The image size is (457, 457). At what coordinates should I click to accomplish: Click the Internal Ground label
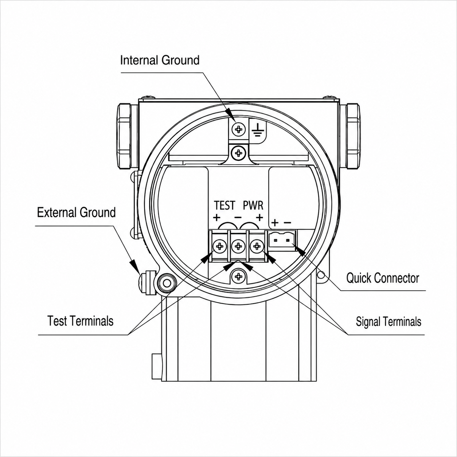[160, 60]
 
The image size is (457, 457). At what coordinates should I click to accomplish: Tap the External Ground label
[77, 212]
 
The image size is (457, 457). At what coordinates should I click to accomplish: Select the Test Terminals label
[81, 321]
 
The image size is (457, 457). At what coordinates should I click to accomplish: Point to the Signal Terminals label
[388, 321]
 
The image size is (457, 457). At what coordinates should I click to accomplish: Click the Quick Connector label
[383, 278]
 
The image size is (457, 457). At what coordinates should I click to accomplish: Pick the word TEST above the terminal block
[224, 206]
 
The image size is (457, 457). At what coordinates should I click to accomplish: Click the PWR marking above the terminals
[253, 206]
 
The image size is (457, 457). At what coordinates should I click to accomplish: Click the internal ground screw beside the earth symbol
[239, 129]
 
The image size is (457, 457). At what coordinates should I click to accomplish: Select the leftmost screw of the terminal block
[220, 246]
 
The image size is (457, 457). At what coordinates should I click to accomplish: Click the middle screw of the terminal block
[238, 246]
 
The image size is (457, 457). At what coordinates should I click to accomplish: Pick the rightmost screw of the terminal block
[257, 246]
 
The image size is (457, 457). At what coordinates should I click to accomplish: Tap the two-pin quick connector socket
[282, 241]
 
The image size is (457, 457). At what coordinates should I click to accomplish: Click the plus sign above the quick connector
[275, 223]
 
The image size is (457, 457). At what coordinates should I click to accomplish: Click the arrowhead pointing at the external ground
[134, 266]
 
